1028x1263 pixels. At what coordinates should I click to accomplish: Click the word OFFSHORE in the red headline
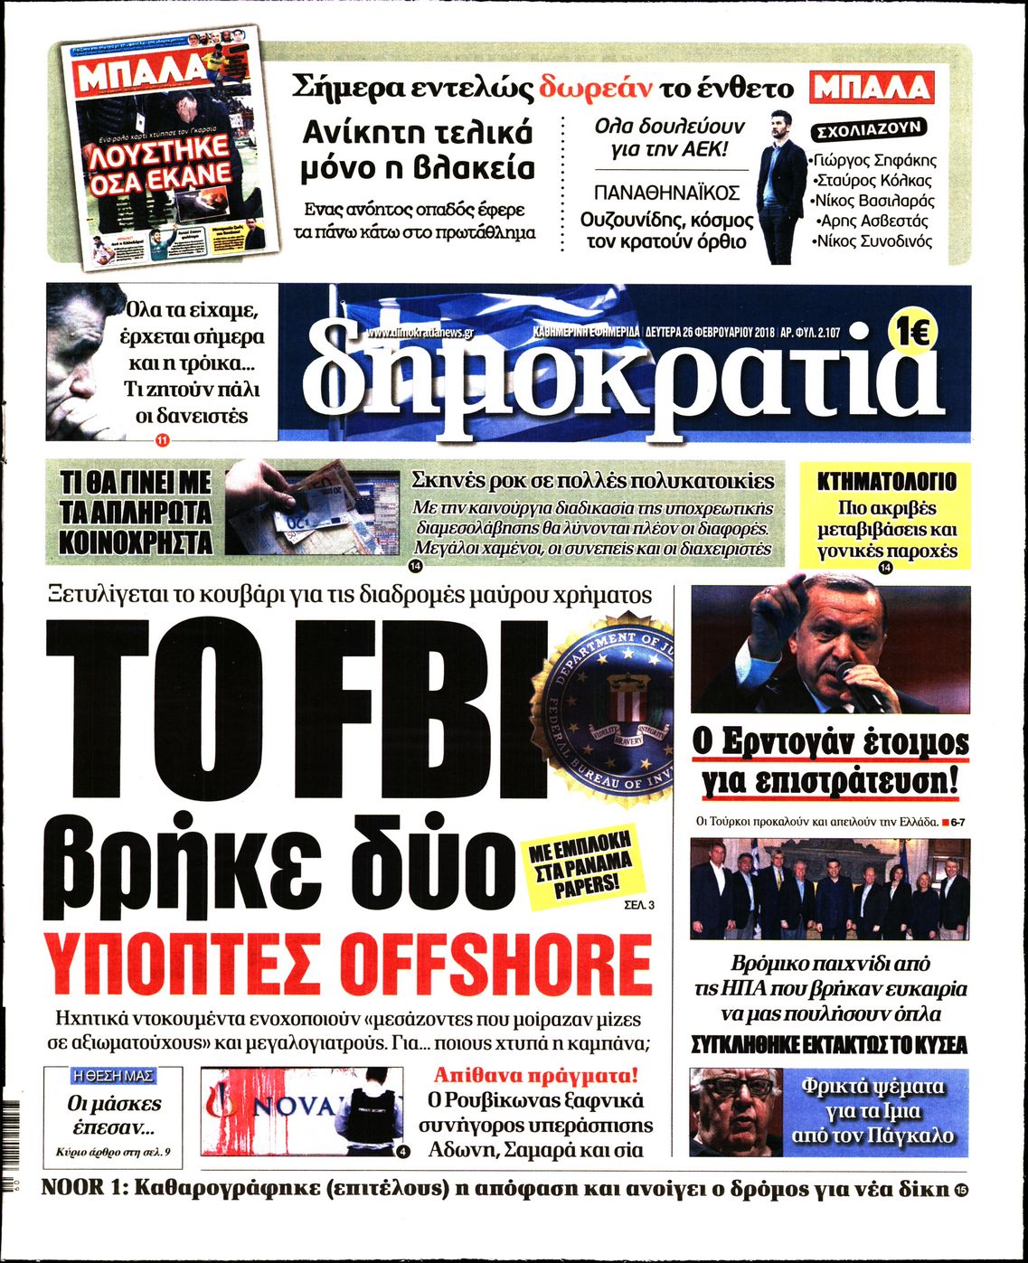500,965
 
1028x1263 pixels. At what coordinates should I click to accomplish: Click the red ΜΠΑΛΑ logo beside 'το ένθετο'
872,88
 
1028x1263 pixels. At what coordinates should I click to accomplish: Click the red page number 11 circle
163,441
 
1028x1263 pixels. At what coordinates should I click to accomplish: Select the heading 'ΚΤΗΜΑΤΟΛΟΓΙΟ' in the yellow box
886,482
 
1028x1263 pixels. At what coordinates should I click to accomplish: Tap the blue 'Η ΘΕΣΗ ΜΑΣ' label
113,1076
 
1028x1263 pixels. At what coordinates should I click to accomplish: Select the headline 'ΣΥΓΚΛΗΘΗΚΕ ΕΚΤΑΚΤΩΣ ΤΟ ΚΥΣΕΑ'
829,1046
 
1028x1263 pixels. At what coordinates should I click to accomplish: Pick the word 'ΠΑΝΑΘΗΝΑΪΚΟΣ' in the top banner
666,193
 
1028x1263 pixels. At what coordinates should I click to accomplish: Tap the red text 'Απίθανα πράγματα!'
536,1076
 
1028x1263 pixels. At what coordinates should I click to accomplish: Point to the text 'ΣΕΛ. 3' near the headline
638,903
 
